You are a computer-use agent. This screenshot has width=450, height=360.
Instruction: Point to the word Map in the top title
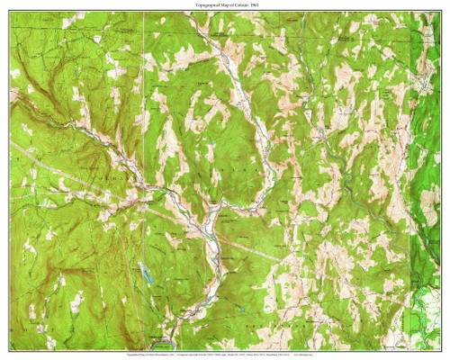tap(216, 6)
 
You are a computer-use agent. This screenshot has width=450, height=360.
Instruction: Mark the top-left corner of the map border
tap(11, 13)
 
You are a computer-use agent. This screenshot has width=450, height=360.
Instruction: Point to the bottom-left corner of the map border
tap(11, 348)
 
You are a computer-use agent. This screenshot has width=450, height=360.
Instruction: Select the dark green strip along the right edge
tap(430, 180)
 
